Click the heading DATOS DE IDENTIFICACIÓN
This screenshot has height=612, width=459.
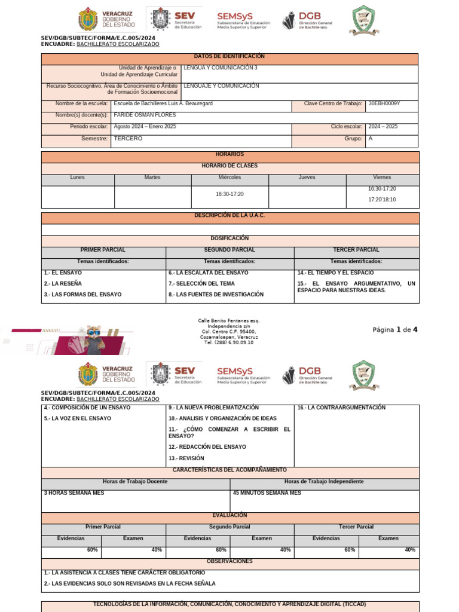[229, 56]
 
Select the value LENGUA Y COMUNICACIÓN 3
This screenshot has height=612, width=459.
[221, 68]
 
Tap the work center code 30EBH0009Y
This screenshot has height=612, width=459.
[384, 104]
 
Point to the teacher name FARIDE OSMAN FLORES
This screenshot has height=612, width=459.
[141, 115]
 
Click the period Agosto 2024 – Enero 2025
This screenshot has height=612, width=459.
[145, 127]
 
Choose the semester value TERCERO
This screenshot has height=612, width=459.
[128, 139]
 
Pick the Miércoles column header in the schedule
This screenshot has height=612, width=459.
[229, 178]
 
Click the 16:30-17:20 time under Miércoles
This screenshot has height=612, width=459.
[229, 194]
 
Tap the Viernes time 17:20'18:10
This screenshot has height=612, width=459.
[382, 200]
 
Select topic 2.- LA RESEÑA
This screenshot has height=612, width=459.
[63, 283]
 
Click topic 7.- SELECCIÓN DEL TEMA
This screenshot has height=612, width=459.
[201, 283]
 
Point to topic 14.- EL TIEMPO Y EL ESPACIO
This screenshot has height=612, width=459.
[336, 273]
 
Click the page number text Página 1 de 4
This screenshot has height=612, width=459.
[395, 330]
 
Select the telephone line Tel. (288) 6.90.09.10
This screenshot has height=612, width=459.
[229, 342]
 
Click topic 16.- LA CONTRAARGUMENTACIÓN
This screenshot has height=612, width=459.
[341, 408]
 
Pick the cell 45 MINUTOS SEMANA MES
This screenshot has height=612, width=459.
[267, 493]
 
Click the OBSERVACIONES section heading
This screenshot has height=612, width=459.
[229, 562]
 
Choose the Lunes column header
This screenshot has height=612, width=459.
[78, 178]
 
